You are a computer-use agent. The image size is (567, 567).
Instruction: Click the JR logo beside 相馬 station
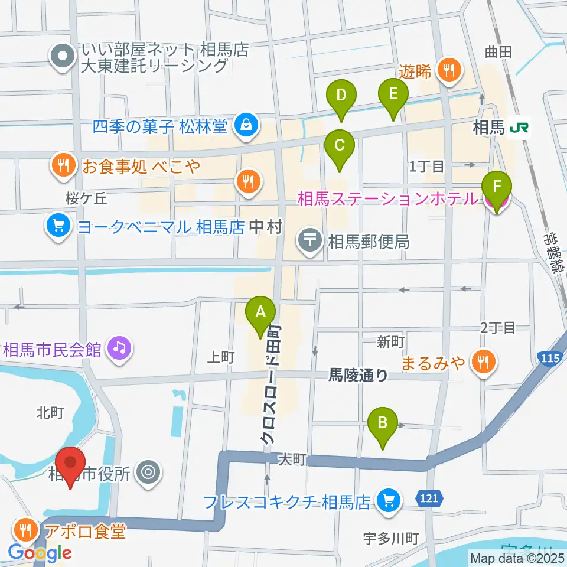coord(519,127)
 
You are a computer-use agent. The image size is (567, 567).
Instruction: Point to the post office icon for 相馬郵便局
coord(309,240)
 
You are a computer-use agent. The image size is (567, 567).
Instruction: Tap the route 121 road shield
coord(431,499)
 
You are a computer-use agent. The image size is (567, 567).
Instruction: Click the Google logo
coord(40,553)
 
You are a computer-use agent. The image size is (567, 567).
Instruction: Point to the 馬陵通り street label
coord(359,374)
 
